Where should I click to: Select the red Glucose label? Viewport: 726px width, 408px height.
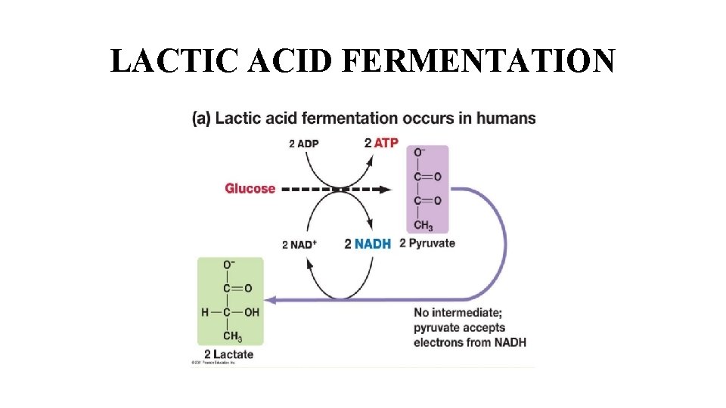pos(250,188)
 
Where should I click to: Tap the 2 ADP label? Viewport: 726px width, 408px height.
pos(303,144)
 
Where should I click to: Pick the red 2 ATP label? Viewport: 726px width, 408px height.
pos(380,143)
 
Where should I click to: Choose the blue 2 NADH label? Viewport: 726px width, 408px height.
pos(368,244)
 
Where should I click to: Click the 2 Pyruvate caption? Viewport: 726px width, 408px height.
pos(427,243)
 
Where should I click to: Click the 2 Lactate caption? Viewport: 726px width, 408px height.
pos(229,354)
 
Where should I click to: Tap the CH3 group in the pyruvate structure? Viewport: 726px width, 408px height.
pos(423,225)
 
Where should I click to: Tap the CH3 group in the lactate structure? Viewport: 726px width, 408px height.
pos(232,337)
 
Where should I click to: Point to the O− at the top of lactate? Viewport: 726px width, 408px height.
pos(228,264)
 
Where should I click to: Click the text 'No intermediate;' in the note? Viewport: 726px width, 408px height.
pos(458,313)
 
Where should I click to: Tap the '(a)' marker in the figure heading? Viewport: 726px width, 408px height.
pos(201,119)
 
